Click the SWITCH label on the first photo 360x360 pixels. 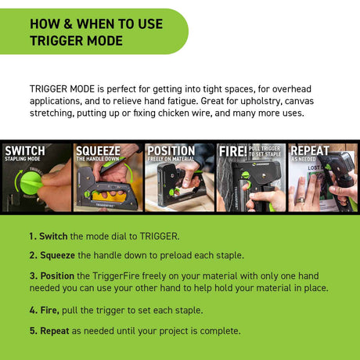pyautogui.click(x=24, y=150)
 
